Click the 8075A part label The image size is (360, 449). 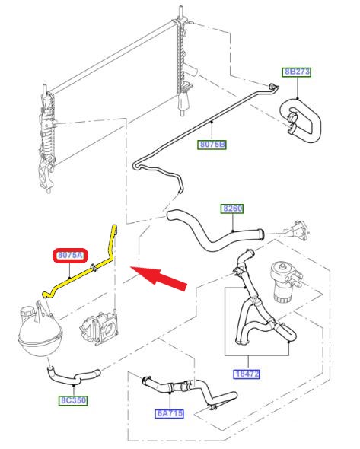[x=70, y=255]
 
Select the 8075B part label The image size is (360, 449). [x=212, y=144]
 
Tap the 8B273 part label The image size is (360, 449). [x=297, y=72]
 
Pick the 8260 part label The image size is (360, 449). [x=232, y=209]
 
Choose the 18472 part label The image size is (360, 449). [x=247, y=374]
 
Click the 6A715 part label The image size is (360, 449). [x=169, y=413]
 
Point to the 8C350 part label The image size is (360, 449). [x=73, y=400]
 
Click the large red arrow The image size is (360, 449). [x=158, y=279]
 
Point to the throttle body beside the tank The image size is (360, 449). [x=100, y=328]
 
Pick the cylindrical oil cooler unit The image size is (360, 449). [x=285, y=280]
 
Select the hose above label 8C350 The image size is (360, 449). [x=74, y=376]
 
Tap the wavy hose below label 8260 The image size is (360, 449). [x=215, y=232]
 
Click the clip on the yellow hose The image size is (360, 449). [x=94, y=267]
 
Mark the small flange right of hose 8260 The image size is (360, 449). [x=298, y=231]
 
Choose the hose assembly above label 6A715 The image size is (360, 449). [x=189, y=391]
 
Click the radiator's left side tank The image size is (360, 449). [x=46, y=139]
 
